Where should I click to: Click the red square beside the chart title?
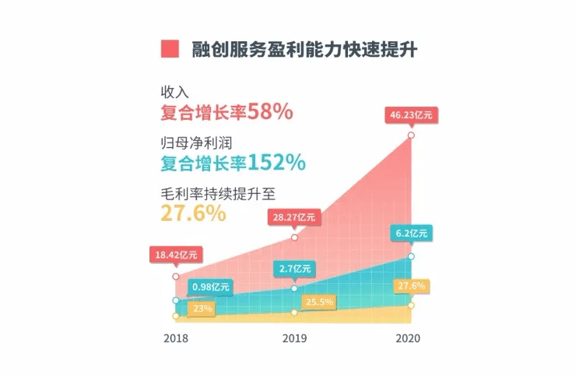tap(170, 48)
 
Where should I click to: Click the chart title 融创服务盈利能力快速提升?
tap(305, 48)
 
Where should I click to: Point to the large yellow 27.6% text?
tap(193, 213)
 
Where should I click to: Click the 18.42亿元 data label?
tap(177, 254)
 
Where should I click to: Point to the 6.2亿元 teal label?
tap(411, 233)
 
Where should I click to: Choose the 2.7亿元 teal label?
tap(294, 269)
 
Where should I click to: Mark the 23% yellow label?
tap(201, 307)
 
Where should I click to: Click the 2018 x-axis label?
tap(175, 339)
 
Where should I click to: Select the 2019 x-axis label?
tap(293, 339)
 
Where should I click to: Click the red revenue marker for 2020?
tap(411, 136)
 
